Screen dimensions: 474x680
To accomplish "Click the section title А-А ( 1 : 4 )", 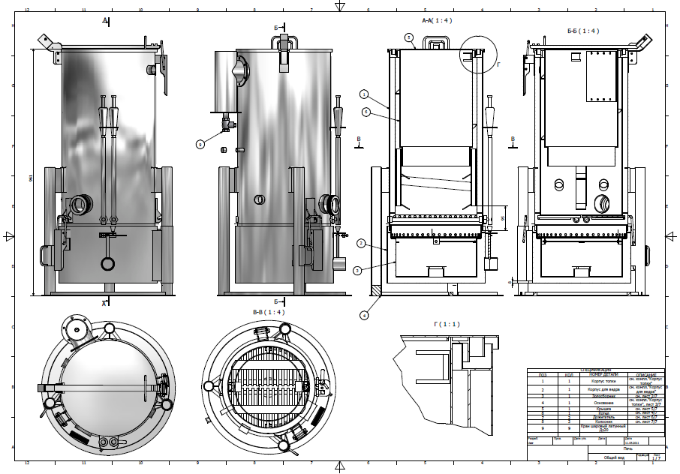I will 437,20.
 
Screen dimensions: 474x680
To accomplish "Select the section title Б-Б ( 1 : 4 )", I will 582,31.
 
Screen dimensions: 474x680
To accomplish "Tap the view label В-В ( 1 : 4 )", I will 267,311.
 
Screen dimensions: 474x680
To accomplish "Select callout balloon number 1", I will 364,94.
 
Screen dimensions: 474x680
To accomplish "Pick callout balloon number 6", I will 366,112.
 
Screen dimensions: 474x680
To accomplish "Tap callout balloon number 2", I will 361,243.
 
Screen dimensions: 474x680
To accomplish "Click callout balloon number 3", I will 357,269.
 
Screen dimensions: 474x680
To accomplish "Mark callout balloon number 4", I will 364,315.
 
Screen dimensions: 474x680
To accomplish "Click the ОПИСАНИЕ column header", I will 646,374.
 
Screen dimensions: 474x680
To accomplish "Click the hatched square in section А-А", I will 376,289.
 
